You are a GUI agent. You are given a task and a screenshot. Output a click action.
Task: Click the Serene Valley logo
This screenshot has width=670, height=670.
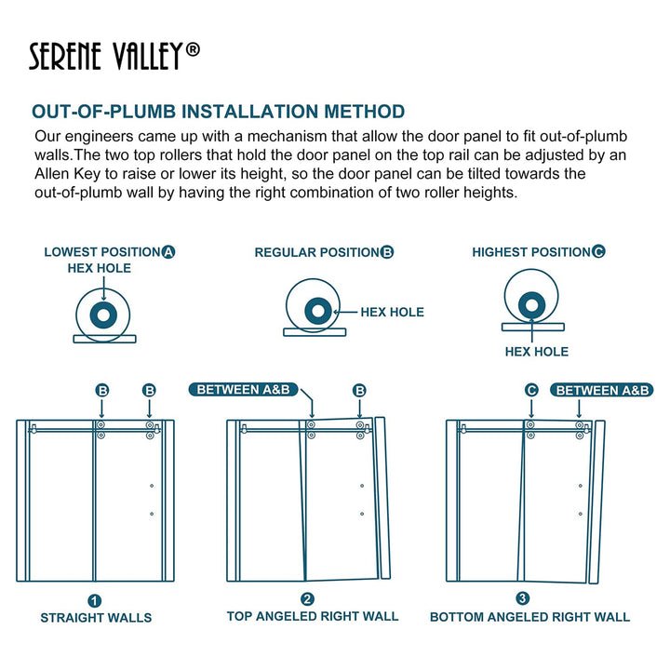[114, 55]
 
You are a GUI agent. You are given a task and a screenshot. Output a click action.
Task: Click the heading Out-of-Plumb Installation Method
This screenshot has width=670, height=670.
[218, 113]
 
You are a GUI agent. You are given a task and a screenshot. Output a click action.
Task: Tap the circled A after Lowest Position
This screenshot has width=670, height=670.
[168, 252]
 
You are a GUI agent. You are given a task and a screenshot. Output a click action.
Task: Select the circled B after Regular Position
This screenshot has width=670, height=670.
[387, 252]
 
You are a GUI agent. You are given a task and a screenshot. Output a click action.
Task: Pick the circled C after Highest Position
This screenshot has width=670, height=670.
[598, 252]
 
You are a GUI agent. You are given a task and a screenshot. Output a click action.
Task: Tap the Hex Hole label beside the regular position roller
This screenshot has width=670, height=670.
[392, 313]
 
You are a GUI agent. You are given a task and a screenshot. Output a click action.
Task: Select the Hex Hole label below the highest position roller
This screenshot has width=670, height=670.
[536, 352]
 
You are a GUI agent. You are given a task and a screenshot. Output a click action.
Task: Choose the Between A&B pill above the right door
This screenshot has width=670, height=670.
[600, 390]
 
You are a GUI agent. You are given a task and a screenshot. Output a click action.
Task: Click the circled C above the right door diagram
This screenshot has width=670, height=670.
[531, 390]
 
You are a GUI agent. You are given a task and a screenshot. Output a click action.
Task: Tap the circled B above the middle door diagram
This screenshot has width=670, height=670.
[359, 390]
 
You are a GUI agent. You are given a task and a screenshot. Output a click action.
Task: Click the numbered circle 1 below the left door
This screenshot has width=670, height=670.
[95, 601]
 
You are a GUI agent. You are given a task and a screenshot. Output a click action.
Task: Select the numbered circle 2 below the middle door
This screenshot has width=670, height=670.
[308, 599]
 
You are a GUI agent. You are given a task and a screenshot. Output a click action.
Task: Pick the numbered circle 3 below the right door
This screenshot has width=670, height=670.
[523, 599]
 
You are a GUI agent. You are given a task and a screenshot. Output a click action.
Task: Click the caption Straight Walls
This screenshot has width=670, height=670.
[96, 618]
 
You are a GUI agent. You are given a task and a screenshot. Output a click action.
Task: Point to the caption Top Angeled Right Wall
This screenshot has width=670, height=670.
[313, 616]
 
